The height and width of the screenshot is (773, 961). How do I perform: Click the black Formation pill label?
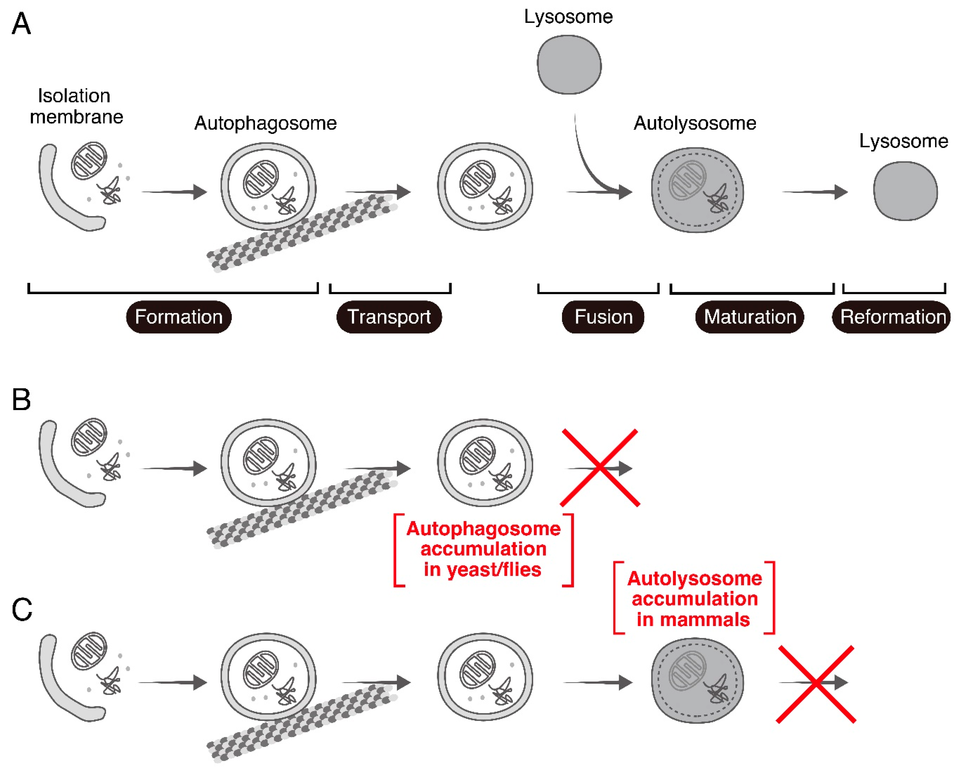point(179,317)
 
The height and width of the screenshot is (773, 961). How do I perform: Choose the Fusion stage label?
point(603,317)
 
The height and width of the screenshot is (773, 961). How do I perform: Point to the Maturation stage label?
point(750,317)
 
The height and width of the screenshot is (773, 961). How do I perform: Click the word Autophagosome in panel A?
point(266,123)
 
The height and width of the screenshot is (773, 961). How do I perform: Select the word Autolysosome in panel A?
point(695,123)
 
